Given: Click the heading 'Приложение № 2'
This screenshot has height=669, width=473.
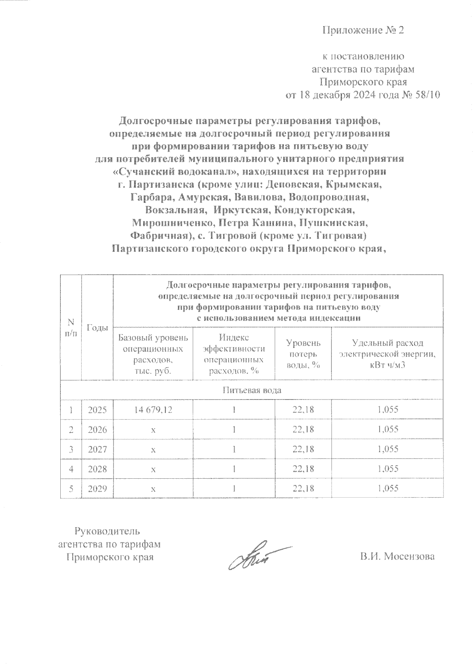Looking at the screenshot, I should [363, 30].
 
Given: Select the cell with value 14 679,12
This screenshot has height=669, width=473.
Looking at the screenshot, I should [153, 410].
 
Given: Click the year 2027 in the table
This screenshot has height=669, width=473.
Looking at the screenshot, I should [97, 449].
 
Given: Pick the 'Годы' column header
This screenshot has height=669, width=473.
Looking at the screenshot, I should [97, 328].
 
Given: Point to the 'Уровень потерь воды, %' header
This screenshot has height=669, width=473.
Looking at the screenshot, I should [303, 353].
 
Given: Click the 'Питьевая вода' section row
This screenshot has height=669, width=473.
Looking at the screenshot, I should [252, 390].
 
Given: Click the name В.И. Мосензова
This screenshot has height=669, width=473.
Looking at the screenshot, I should [397, 557].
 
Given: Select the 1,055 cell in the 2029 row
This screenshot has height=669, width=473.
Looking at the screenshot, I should [388, 489].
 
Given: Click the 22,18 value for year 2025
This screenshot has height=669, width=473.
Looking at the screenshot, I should [303, 410].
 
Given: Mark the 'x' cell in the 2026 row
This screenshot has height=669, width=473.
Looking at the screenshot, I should [153, 429].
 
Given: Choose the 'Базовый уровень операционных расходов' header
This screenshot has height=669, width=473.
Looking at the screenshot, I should [153, 353].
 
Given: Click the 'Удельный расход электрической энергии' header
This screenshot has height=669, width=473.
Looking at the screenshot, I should [388, 353].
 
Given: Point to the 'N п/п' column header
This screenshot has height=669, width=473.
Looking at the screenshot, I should [71, 328].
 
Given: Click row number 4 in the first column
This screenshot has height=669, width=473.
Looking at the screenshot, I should [71, 469].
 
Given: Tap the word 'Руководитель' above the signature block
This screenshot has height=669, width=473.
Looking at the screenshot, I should [107, 531].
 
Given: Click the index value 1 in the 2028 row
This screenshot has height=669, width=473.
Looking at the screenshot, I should [234, 469].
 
